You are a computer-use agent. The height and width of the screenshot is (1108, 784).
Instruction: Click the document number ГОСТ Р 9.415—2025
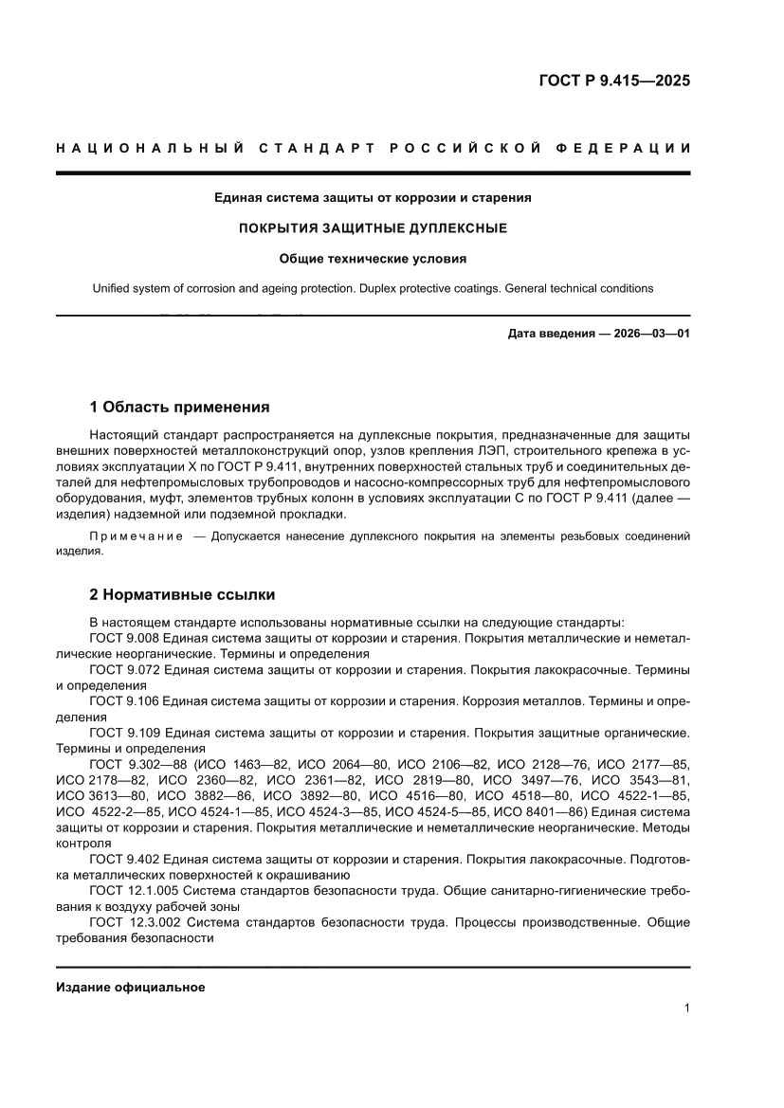coord(614,81)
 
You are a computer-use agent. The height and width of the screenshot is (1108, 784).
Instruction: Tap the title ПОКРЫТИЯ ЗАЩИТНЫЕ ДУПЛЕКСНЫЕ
coord(373,228)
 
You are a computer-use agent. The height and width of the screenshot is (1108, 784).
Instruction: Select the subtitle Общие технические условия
coord(373,258)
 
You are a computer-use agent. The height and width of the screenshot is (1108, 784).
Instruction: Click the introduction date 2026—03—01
coord(647,334)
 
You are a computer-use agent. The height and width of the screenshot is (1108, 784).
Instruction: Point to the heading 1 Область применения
coord(179,408)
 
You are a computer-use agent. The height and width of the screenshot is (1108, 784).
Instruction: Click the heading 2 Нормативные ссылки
coord(182,595)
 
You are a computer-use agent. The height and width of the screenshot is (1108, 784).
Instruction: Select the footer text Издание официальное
coord(131,988)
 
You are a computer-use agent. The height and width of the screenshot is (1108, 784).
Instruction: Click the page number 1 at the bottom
coord(686,1008)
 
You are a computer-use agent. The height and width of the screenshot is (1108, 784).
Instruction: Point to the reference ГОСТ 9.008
coord(124,639)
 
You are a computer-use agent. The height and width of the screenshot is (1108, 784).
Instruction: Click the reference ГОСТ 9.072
coord(124,670)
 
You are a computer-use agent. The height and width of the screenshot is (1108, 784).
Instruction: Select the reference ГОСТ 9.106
coord(124,701)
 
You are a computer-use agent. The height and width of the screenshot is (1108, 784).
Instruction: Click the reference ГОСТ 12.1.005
coord(132,890)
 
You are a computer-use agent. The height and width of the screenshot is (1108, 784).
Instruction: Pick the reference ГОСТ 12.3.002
coord(134,921)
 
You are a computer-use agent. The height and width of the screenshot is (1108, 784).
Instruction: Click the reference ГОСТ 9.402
coord(124,859)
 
